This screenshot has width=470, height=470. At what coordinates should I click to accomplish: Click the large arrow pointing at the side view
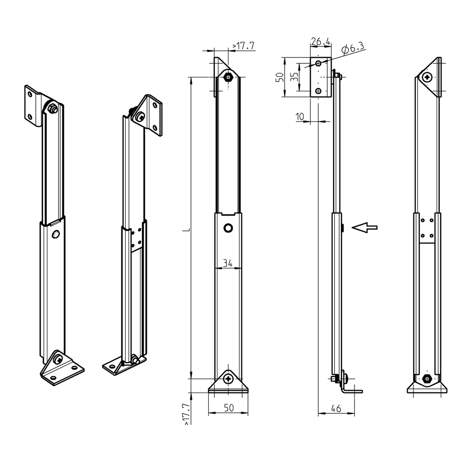point(364,227)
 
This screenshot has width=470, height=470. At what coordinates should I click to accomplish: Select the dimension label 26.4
point(320,42)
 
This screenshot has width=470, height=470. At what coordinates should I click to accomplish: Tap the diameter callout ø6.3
point(353,47)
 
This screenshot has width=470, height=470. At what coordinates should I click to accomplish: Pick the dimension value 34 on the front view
point(228,263)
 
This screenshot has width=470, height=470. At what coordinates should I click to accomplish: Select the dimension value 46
point(336,408)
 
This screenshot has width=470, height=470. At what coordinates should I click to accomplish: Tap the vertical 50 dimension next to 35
point(279,77)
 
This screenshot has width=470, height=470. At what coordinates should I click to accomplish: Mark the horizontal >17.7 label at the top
point(243,46)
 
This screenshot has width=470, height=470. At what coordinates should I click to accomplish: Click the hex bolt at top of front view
point(228,77)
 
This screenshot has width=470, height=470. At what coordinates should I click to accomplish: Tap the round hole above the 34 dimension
point(228,228)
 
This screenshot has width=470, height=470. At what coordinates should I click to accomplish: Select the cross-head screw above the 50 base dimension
point(229,379)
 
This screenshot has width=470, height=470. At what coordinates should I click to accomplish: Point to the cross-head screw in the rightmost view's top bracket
point(428,77)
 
